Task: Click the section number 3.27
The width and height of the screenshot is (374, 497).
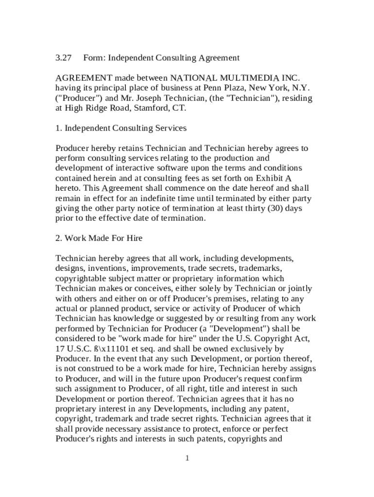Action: (x=63, y=58)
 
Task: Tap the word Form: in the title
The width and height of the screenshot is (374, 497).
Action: (x=94, y=58)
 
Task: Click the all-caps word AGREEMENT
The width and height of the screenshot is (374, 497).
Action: (x=84, y=78)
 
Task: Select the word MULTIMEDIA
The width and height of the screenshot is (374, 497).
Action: (x=245, y=78)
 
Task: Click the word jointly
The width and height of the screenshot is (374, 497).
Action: (x=300, y=288)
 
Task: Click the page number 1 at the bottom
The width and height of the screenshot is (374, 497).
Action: (x=187, y=459)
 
